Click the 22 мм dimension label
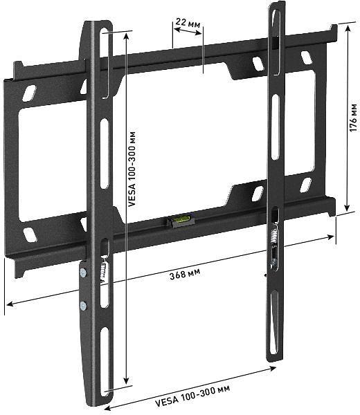(188, 24)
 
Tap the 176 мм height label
(353, 118)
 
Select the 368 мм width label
(185, 274)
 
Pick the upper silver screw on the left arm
(84, 273)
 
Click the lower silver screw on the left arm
(83, 305)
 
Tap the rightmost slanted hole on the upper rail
(306, 57)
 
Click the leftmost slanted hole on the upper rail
(28, 93)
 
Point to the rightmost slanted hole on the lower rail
(305, 185)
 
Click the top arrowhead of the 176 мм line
(347, 31)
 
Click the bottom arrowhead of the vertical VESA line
(126, 382)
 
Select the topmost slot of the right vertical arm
(277, 24)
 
